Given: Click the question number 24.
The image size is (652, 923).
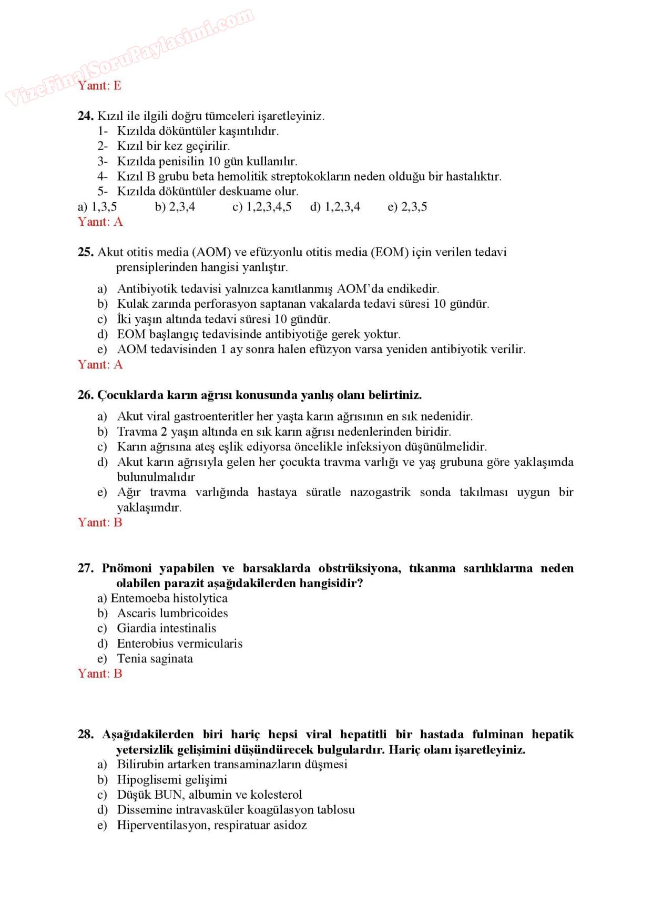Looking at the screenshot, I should [x=85, y=116].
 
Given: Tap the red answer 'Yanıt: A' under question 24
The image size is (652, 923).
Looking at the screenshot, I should [x=100, y=222].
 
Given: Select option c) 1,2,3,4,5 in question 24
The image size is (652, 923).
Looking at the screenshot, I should [x=262, y=207].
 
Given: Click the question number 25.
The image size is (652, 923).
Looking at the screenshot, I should [x=85, y=252].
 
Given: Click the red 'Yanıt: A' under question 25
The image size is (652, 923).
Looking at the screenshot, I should [x=100, y=365].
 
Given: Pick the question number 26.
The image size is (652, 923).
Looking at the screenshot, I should [x=85, y=395].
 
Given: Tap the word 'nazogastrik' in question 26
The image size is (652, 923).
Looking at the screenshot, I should [x=380, y=493].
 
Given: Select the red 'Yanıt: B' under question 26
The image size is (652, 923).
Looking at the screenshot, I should [x=100, y=523].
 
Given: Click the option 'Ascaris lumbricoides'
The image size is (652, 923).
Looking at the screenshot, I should [x=172, y=613].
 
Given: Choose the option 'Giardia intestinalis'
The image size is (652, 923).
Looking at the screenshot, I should [x=166, y=628].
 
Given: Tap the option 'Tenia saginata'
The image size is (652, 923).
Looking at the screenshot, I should [x=155, y=659].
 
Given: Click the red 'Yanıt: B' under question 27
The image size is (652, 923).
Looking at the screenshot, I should [x=100, y=674].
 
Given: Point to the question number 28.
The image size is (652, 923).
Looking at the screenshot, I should [x=85, y=735].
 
